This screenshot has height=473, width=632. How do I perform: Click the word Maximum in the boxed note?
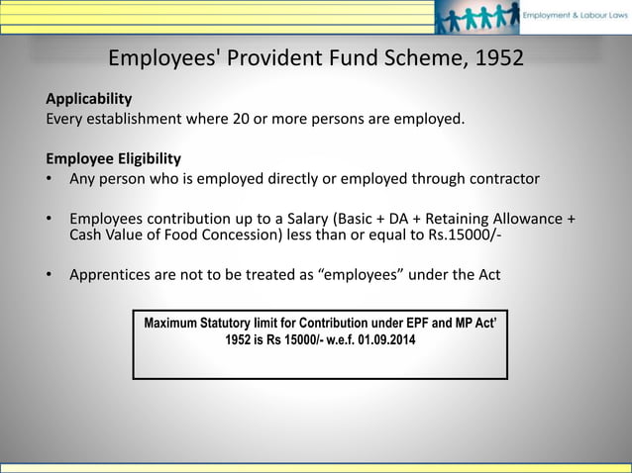[175, 324]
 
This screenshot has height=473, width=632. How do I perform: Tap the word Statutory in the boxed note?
[241, 324]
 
